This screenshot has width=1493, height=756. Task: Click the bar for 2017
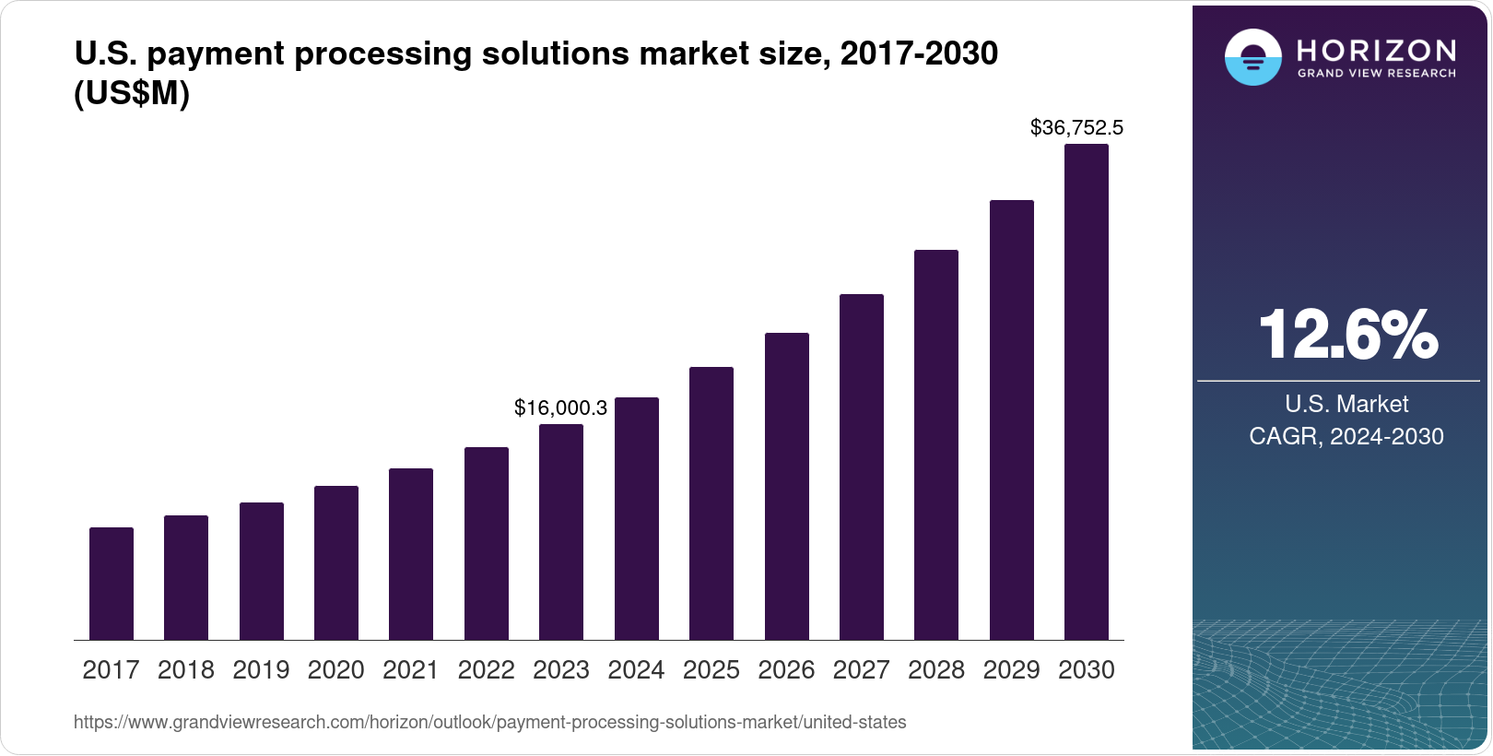click(x=112, y=584)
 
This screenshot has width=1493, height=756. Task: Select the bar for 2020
click(x=336, y=562)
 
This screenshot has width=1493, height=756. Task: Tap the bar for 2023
click(x=561, y=532)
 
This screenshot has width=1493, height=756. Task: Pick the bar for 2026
click(x=787, y=486)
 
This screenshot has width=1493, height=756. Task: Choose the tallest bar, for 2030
click(x=1087, y=392)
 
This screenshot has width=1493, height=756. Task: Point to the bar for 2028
click(x=936, y=444)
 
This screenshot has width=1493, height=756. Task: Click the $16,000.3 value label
click(x=560, y=408)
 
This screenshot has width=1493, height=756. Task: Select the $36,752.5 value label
click(x=1076, y=127)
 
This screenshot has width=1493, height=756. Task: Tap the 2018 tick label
click(x=186, y=670)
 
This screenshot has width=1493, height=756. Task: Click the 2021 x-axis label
click(x=411, y=670)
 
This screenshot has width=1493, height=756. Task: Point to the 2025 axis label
click(x=711, y=670)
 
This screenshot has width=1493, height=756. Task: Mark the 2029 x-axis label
click(x=1011, y=670)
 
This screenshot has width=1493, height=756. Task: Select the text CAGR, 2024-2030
click(x=1346, y=436)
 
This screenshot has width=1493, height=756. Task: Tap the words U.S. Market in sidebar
click(x=1346, y=404)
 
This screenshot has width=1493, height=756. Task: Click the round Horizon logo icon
click(x=1252, y=57)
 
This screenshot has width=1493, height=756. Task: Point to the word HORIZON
click(x=1376, y=50)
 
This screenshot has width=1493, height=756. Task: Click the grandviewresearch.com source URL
click(x=489, y=723)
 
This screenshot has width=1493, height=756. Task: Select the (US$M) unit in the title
click(x=132, y=93)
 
